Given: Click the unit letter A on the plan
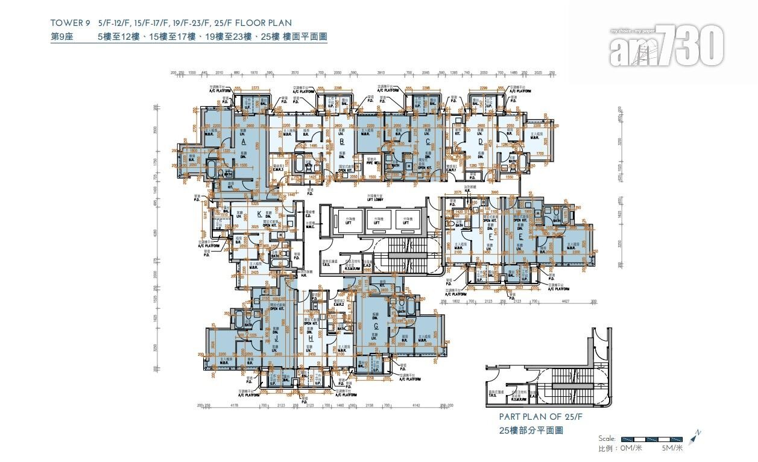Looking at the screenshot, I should [x=243, y=142].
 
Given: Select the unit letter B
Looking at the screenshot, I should [x=342, y=142].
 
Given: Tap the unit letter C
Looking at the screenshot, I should [x=428, y=142].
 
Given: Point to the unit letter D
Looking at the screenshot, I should [x=481, y=142].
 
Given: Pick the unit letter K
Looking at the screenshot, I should [x=259, y=214].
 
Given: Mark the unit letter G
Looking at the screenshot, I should [x=376, y=326].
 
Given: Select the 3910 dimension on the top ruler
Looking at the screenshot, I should [x=381, y=72].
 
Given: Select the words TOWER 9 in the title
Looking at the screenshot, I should [x=71, y=24].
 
